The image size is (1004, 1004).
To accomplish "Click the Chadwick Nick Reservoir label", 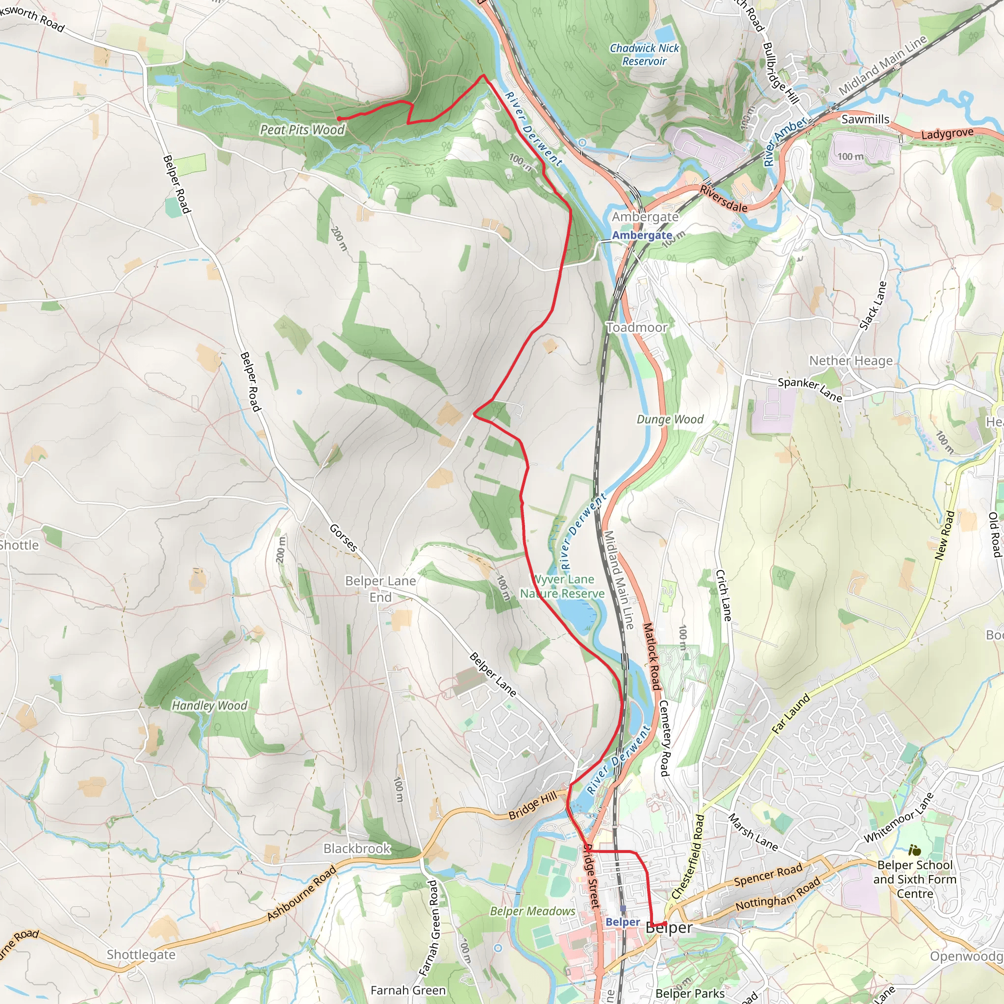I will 644,54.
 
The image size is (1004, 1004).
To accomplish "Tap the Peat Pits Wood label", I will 302,129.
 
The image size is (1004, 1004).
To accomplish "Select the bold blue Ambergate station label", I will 642,235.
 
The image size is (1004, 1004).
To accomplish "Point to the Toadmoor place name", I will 637,327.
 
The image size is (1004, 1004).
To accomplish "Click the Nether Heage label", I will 851,361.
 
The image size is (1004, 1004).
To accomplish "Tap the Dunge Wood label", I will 670,419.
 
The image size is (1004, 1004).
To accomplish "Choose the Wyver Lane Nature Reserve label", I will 563,586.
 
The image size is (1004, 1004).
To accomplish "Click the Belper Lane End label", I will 380,589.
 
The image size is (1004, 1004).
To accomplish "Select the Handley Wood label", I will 209,705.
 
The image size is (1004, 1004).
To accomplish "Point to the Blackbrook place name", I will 356,849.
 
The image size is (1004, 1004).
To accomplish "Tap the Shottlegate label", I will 141,954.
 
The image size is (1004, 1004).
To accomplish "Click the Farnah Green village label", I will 408,990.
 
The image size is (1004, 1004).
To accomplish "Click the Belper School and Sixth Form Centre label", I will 915,879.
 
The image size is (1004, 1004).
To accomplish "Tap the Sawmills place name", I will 865,119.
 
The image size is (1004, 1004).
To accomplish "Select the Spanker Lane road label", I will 810,389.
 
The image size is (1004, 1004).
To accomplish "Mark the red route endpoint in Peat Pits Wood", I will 339,119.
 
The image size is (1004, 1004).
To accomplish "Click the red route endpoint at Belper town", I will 665,923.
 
